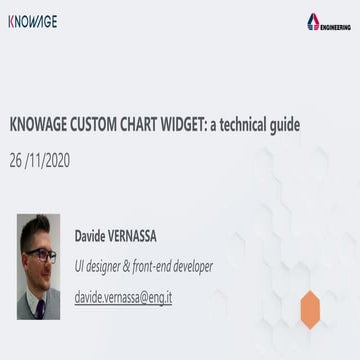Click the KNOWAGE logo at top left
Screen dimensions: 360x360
32,21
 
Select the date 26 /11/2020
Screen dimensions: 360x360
40,159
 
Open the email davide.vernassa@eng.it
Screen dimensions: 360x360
123,297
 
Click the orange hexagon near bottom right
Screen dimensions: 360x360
310,307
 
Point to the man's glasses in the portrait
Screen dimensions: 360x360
41,255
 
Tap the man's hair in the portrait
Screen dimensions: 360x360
37,227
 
